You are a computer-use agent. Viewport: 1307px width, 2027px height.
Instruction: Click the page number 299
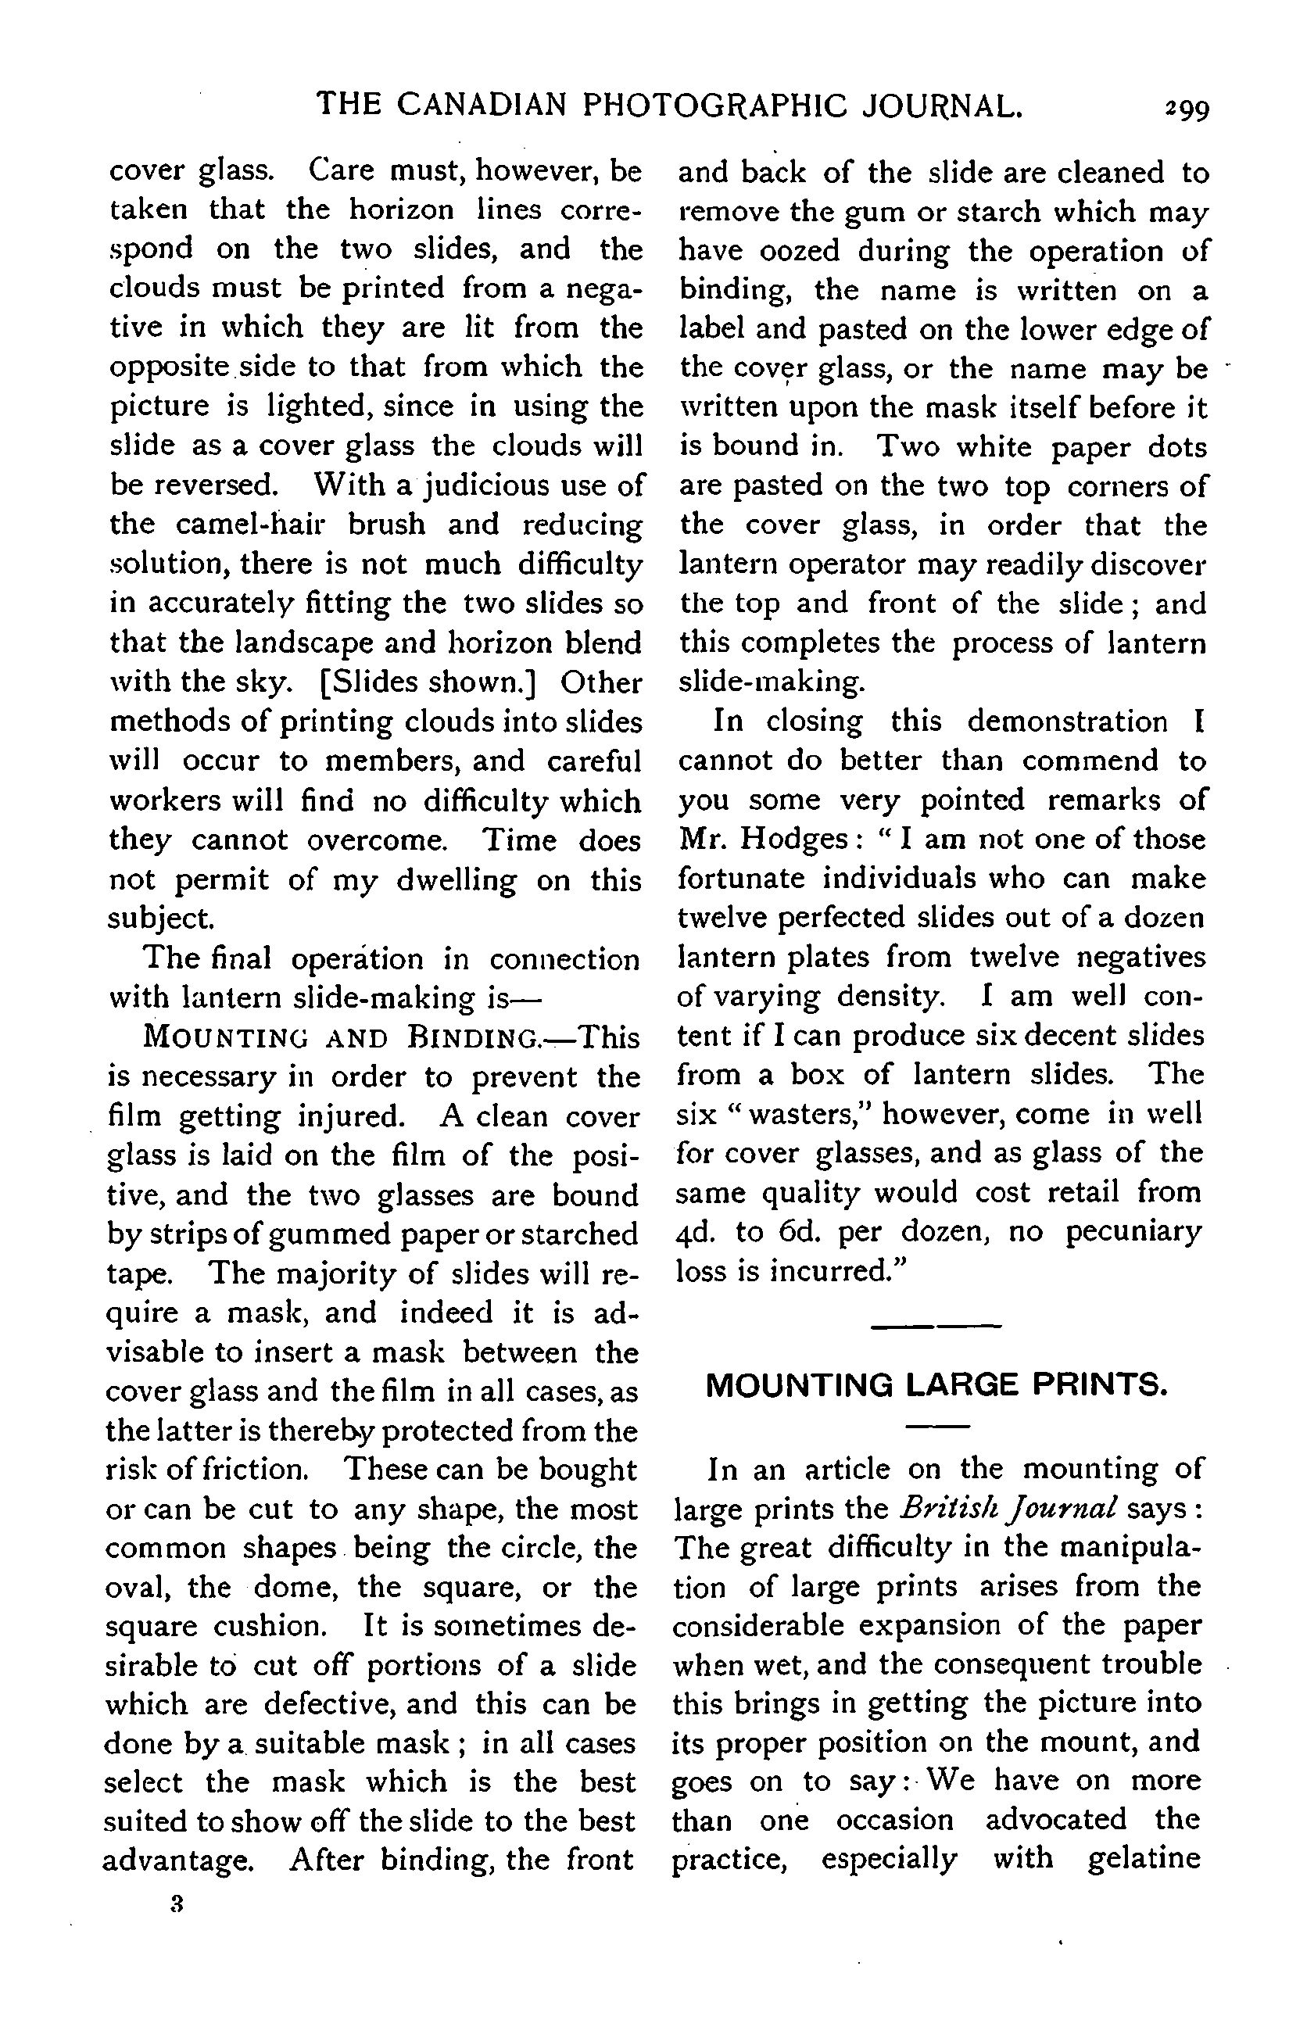tap(1187, 109)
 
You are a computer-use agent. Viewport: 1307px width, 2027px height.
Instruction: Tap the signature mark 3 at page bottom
tap(177, 1904)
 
